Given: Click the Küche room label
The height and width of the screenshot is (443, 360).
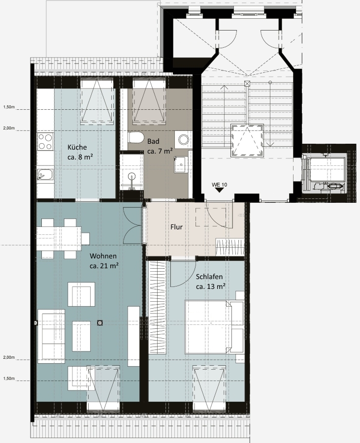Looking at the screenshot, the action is click(77, 147).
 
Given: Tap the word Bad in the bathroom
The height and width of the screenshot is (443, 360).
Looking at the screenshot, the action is click(153, 141).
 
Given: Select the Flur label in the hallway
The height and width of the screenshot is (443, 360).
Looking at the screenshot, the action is click(177, 227).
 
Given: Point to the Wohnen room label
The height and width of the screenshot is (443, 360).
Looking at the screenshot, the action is click(103, 256).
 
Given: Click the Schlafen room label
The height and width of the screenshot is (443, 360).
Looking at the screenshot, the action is click(209, 277).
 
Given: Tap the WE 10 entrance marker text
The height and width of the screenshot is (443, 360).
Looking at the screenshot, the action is click(219, 185).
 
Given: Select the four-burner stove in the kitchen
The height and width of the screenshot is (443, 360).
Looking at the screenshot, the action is click(45, 142).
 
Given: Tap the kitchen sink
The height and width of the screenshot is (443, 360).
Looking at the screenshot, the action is click(45, 175).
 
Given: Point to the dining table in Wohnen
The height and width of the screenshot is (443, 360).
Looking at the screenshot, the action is click(59, 239).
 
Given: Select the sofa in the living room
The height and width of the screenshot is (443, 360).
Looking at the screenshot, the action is click(51, 336).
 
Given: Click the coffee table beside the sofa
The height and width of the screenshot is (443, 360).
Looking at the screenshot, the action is click(81, 336).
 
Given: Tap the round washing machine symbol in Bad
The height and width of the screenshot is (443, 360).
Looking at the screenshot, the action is click(183, 140).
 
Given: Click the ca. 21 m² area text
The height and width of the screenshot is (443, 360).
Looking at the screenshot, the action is click(104, 266).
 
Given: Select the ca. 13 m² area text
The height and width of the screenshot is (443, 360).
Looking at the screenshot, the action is click(210, 286).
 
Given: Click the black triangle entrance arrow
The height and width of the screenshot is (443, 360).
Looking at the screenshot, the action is click(219, 190).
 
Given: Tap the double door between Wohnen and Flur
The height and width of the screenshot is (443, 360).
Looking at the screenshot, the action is click(132, 225).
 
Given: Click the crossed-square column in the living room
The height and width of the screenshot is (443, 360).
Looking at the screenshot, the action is click(99, 322).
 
